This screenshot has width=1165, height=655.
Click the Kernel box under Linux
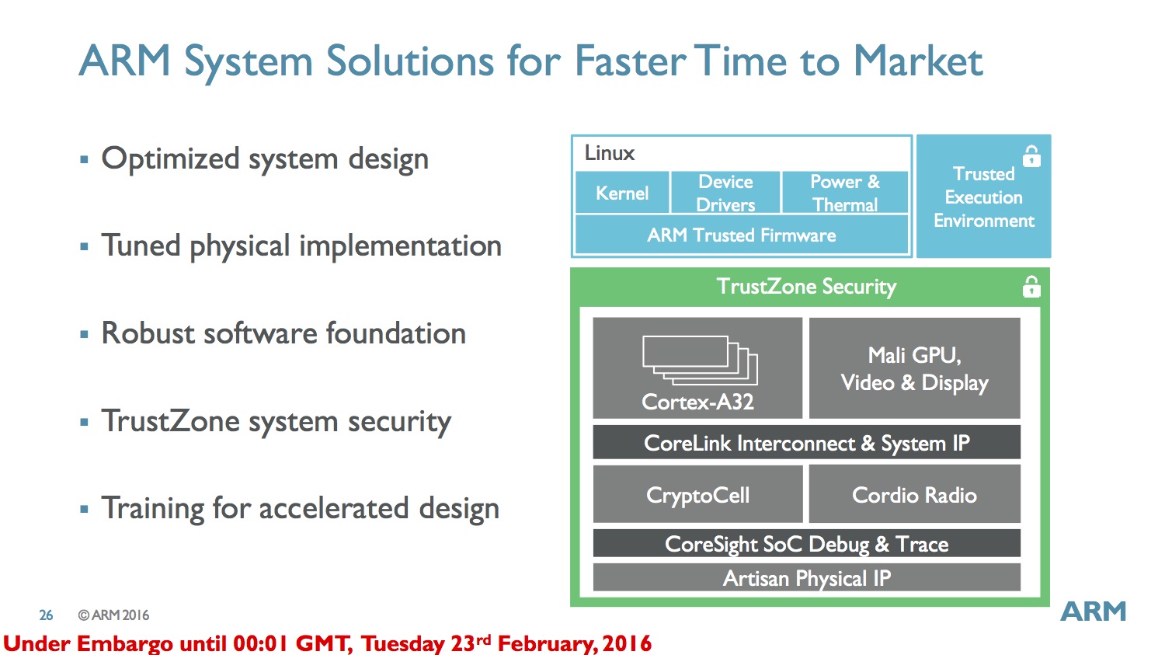[622, 193]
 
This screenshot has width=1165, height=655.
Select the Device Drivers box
[725, 193]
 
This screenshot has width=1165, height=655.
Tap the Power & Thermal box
[845, 193]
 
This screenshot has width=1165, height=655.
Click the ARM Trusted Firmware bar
[742, 235]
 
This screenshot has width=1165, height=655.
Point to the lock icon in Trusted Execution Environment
[1032, 156]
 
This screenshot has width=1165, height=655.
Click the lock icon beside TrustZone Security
[1032, 287]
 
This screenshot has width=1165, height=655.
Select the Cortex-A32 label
[697, 402]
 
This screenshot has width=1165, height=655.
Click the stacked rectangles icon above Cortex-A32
[700, 360]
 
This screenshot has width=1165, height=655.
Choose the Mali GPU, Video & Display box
[914, 368]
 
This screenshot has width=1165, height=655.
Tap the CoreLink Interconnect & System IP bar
[807, 442]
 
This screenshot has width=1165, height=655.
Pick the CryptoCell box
[698, 493]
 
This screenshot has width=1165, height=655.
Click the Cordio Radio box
[914, 493]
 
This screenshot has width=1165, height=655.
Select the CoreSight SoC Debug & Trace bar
[807, 543]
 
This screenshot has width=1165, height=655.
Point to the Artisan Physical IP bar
[807, 577]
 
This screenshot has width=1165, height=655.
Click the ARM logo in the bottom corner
[1094, 611]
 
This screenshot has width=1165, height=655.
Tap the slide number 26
[46, 615]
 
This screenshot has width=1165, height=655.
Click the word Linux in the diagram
[609, 153]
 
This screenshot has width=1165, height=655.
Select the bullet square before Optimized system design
[84, 159]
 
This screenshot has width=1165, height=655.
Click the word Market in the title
[918, 61]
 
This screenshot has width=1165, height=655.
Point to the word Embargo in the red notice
[124, 643]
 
